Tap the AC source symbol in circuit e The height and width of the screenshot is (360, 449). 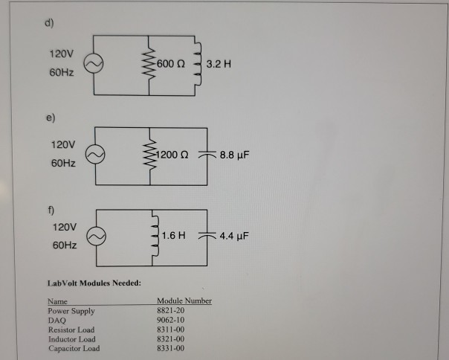coord(97,154)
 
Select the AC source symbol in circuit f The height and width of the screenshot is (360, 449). coord(97,234)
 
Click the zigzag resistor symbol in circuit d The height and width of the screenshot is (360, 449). coord(152,65)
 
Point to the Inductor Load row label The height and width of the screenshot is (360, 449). coord(72,338)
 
